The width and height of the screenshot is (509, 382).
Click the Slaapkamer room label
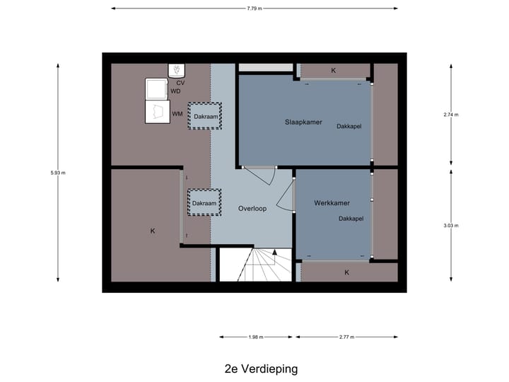[x=303, y=122]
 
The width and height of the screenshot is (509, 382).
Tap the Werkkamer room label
[x=332, y=203]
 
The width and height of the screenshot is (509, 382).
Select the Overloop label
[x=252, y=209]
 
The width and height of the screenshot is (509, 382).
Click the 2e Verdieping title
[x=261, y=369]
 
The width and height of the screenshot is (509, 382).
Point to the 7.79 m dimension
[x=255, y=8]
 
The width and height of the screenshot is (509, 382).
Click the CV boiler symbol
[x=176, y=70]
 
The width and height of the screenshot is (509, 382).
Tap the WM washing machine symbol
[x=156, y=113]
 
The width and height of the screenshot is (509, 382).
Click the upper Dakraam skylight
[x=204, y=116]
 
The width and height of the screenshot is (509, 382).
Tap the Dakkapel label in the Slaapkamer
[x=350, y=127]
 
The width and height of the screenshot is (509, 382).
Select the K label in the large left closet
[x=152, y=231]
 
